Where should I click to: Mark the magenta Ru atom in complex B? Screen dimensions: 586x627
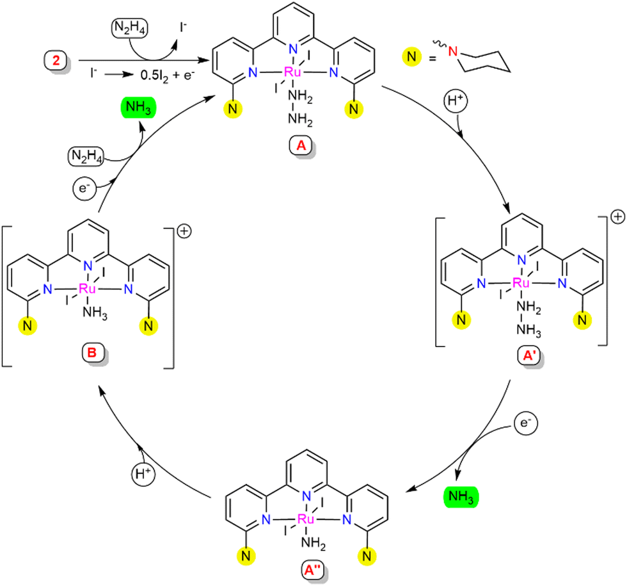(x=87, y=289)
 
